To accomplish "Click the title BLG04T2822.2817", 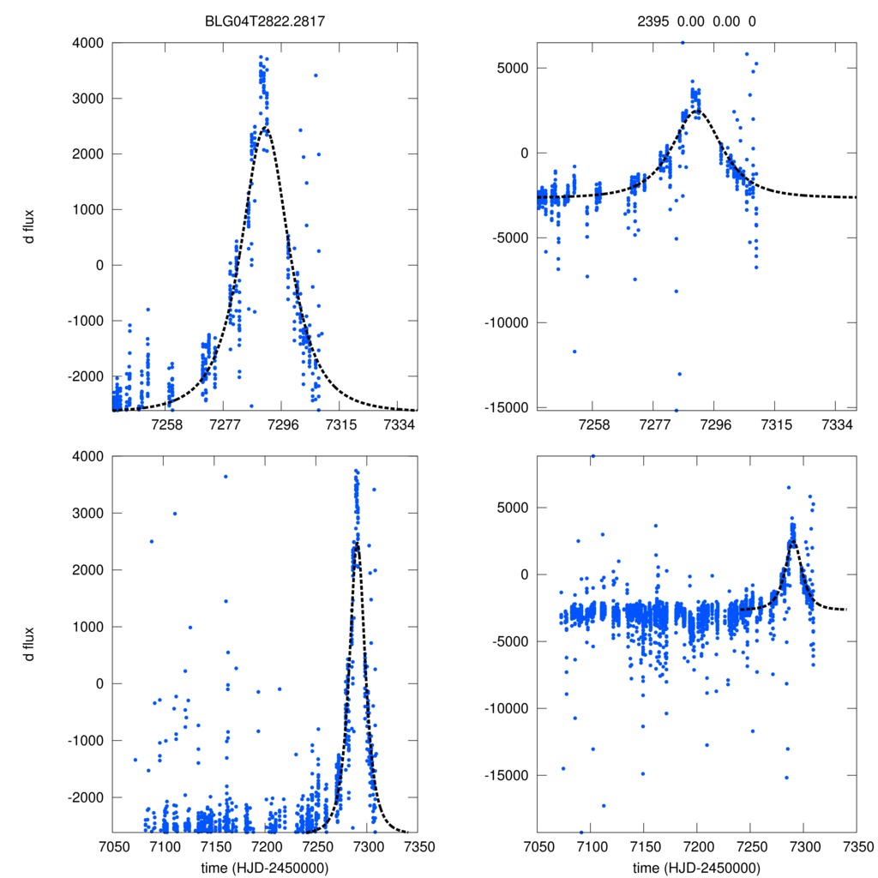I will tap(264, 21).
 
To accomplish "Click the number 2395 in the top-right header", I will tap(661, 21).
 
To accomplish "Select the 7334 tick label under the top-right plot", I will tap(836, 425).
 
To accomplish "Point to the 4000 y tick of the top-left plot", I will tap(88, 43).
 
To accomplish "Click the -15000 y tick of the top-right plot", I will tap(503, 407).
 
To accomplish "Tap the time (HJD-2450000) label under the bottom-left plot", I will tap(264, 867).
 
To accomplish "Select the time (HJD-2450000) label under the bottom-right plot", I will tap(696, 867).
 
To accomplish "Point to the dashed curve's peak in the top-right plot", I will tap(695, 110).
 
